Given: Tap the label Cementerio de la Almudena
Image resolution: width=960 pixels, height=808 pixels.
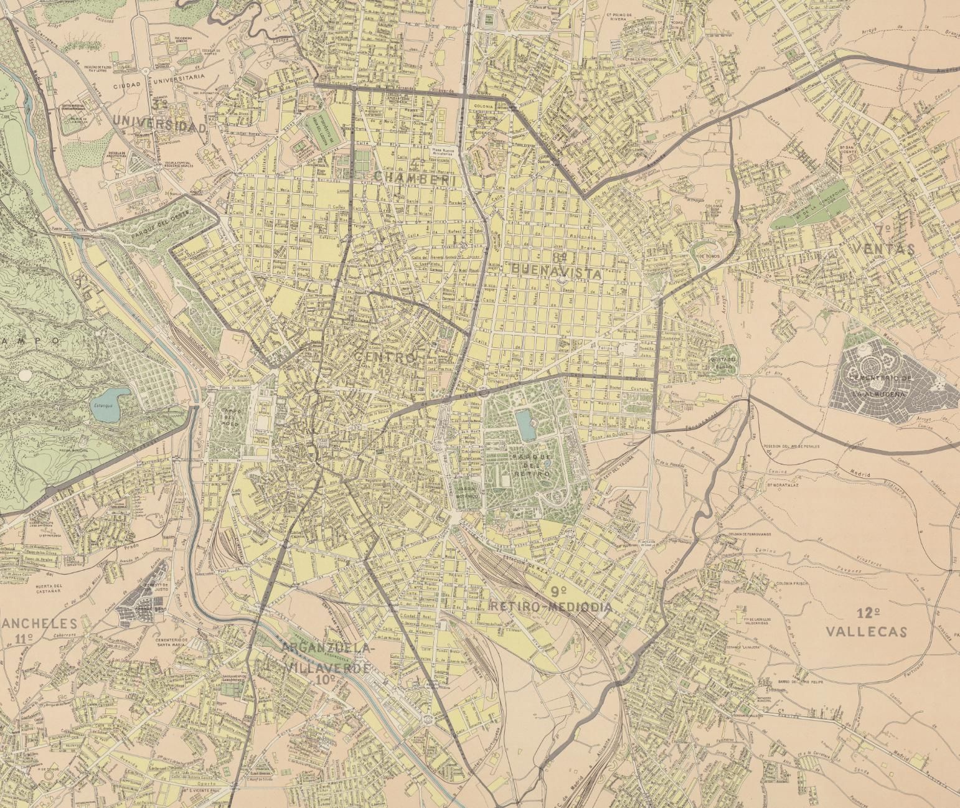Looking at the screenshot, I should tap(879, 385).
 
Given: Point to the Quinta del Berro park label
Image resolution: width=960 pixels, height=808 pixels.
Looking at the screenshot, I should tap(723, 362).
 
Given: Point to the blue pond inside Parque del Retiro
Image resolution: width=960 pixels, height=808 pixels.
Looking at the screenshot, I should tap(525, 426).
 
